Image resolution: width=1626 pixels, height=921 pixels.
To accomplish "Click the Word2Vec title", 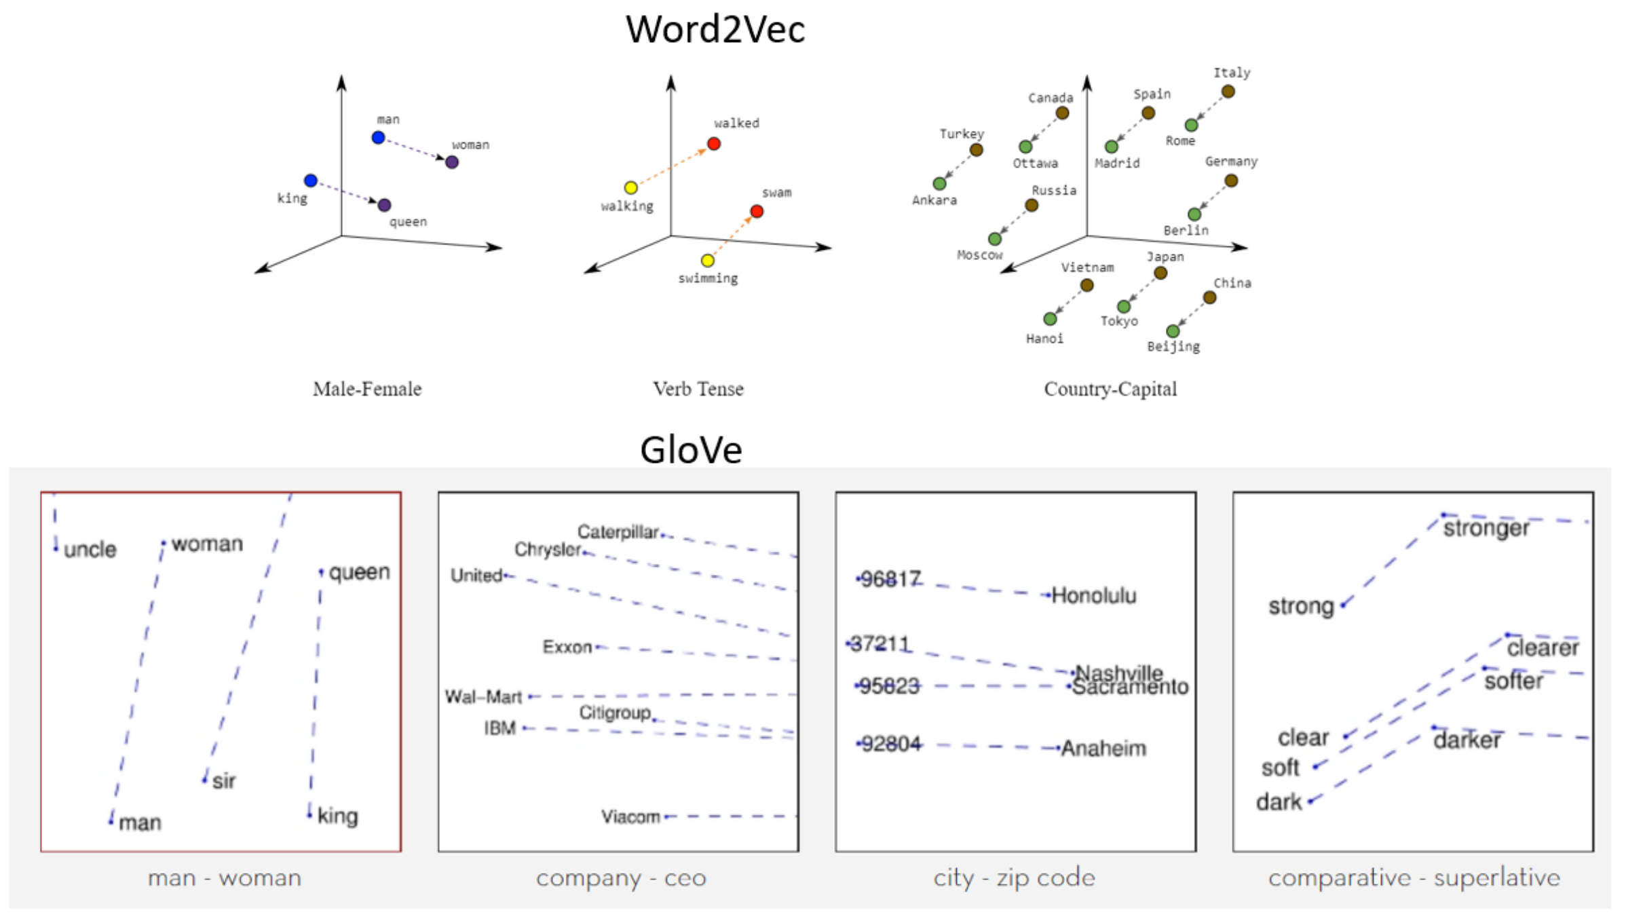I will pos(715,30).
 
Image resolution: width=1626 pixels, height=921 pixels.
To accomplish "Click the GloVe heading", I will pos(691,450).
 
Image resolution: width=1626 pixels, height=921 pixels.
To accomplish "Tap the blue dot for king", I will pos(311,181).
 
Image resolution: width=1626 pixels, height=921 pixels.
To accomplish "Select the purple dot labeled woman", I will pos(452,162).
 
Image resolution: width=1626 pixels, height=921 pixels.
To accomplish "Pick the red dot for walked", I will pos(714,144).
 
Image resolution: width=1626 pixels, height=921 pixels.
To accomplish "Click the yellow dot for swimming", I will pos(708,261).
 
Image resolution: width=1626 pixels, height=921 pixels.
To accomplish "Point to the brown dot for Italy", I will pos(1228,92).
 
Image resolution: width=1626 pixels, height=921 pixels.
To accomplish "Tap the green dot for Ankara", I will pos(939,183).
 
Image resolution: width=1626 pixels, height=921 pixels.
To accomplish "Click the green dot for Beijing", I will pos(1173,331).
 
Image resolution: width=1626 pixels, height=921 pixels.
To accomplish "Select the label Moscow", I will pos(979,255).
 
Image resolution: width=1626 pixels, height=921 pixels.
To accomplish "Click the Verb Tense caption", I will pos(698,389).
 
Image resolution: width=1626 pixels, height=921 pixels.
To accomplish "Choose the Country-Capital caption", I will pos(1110,389).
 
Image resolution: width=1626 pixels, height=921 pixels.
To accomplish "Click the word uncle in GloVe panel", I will pos(90,550).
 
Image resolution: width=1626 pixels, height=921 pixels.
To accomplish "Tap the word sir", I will pos(224,781).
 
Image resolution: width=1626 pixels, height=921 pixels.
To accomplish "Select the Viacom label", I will pos(630,816).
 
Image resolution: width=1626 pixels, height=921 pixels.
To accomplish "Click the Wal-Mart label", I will pos(483,697).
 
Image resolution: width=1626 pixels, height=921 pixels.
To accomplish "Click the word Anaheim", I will pos(1103,749).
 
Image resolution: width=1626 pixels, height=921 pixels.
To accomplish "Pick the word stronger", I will pos(1486,528).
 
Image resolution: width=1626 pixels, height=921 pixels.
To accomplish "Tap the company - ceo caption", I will pos(621,878).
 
